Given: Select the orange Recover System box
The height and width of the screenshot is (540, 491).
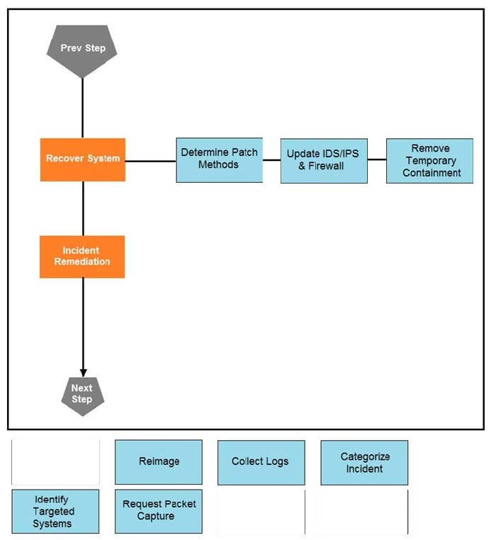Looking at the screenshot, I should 83,159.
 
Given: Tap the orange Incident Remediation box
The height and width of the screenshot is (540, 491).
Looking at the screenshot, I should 82,257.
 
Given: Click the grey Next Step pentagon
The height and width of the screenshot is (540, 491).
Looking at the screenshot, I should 82,394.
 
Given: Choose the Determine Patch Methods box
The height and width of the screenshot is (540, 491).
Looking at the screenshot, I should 219,159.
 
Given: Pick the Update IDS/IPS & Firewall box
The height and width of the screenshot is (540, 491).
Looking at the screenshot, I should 324,160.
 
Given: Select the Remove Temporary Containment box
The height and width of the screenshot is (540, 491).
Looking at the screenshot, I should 429,161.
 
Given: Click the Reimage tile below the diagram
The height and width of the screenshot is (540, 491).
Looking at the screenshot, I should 159,462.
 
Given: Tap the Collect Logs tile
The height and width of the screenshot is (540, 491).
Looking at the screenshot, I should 261,462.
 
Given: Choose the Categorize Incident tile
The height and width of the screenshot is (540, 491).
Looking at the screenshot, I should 364,462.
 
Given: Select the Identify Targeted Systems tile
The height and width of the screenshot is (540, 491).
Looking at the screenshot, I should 55,512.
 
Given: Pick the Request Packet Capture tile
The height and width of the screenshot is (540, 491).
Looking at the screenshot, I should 159,511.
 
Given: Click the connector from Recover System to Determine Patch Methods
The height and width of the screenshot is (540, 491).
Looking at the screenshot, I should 150,161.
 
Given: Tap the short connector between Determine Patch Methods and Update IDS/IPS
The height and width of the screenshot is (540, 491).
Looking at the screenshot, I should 271,160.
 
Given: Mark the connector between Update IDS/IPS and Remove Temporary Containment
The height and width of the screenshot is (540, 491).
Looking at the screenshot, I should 376,160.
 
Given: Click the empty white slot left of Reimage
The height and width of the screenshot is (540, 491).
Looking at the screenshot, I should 55,462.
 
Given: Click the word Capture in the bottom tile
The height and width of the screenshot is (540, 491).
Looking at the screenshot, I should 156,517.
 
